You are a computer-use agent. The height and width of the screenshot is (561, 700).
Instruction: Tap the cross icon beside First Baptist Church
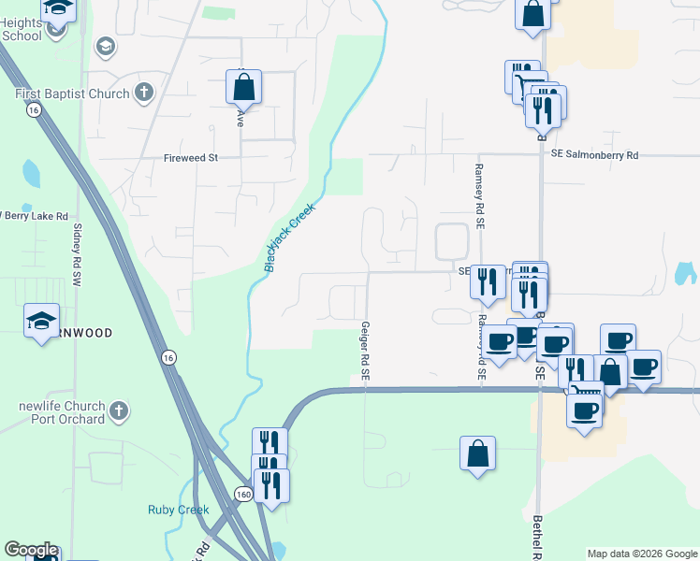tap(143, 92)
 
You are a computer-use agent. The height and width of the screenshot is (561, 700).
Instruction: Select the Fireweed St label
tap(190, 158)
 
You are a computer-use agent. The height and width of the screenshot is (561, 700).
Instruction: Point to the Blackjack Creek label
tap(289, 237)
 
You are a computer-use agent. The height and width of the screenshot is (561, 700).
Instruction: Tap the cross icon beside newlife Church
tap(119, 410)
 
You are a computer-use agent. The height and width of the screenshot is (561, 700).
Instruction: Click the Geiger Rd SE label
tap(366, 352)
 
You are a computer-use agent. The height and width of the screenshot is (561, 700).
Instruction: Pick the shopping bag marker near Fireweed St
tap(242, 88)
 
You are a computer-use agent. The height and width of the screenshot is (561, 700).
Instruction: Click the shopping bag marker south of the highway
tap(477, 453)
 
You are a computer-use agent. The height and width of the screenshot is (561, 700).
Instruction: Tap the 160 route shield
tap(244, 494)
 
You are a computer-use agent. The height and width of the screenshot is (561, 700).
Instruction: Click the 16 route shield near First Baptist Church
tap(34, 110)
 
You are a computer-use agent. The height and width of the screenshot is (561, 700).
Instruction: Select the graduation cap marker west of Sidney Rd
tap(41, 322)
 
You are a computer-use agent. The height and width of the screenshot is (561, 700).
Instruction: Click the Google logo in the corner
tap(31, 550)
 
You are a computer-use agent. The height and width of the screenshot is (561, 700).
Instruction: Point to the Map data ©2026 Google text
tap(642, 554)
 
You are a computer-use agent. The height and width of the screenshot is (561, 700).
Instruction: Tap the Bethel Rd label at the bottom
tap(537, 538)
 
